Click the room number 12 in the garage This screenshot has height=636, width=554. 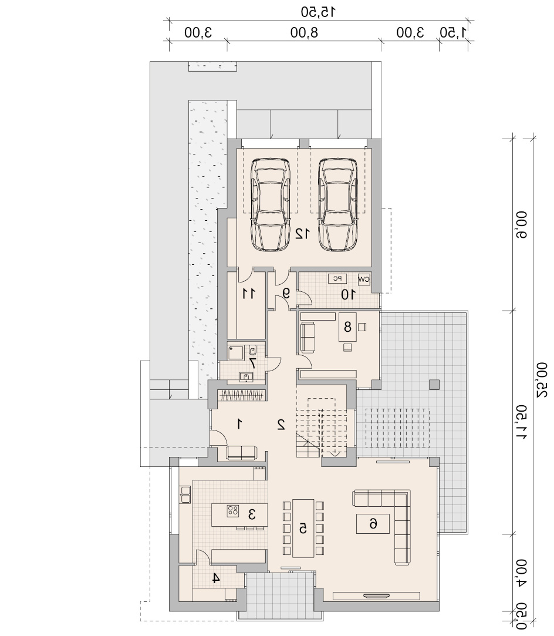pos(302,234)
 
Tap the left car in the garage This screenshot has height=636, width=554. pos(271,204)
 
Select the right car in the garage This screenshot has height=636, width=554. pos(338,204)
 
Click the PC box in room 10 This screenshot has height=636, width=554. pos(337,279)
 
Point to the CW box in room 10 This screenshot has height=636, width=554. pos(364,279)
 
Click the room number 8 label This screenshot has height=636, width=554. pos(347,327)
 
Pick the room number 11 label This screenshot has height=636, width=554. pos(249,293)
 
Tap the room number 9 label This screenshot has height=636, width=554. pos(286,293)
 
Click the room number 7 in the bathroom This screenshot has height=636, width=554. pos(252,362)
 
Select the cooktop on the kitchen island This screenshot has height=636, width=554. pos(233,510)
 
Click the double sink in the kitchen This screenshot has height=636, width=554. pos(185,495)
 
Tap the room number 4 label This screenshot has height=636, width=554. pos(216,578)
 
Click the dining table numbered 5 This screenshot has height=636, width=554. pos(303,528)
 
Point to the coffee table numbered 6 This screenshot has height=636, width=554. pos(373,524)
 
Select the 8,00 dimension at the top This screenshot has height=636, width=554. pos(305,32)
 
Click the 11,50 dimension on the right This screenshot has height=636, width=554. pos(522,422)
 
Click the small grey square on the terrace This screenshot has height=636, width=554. pos(434,384)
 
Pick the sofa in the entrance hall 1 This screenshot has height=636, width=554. pos(242,452)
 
